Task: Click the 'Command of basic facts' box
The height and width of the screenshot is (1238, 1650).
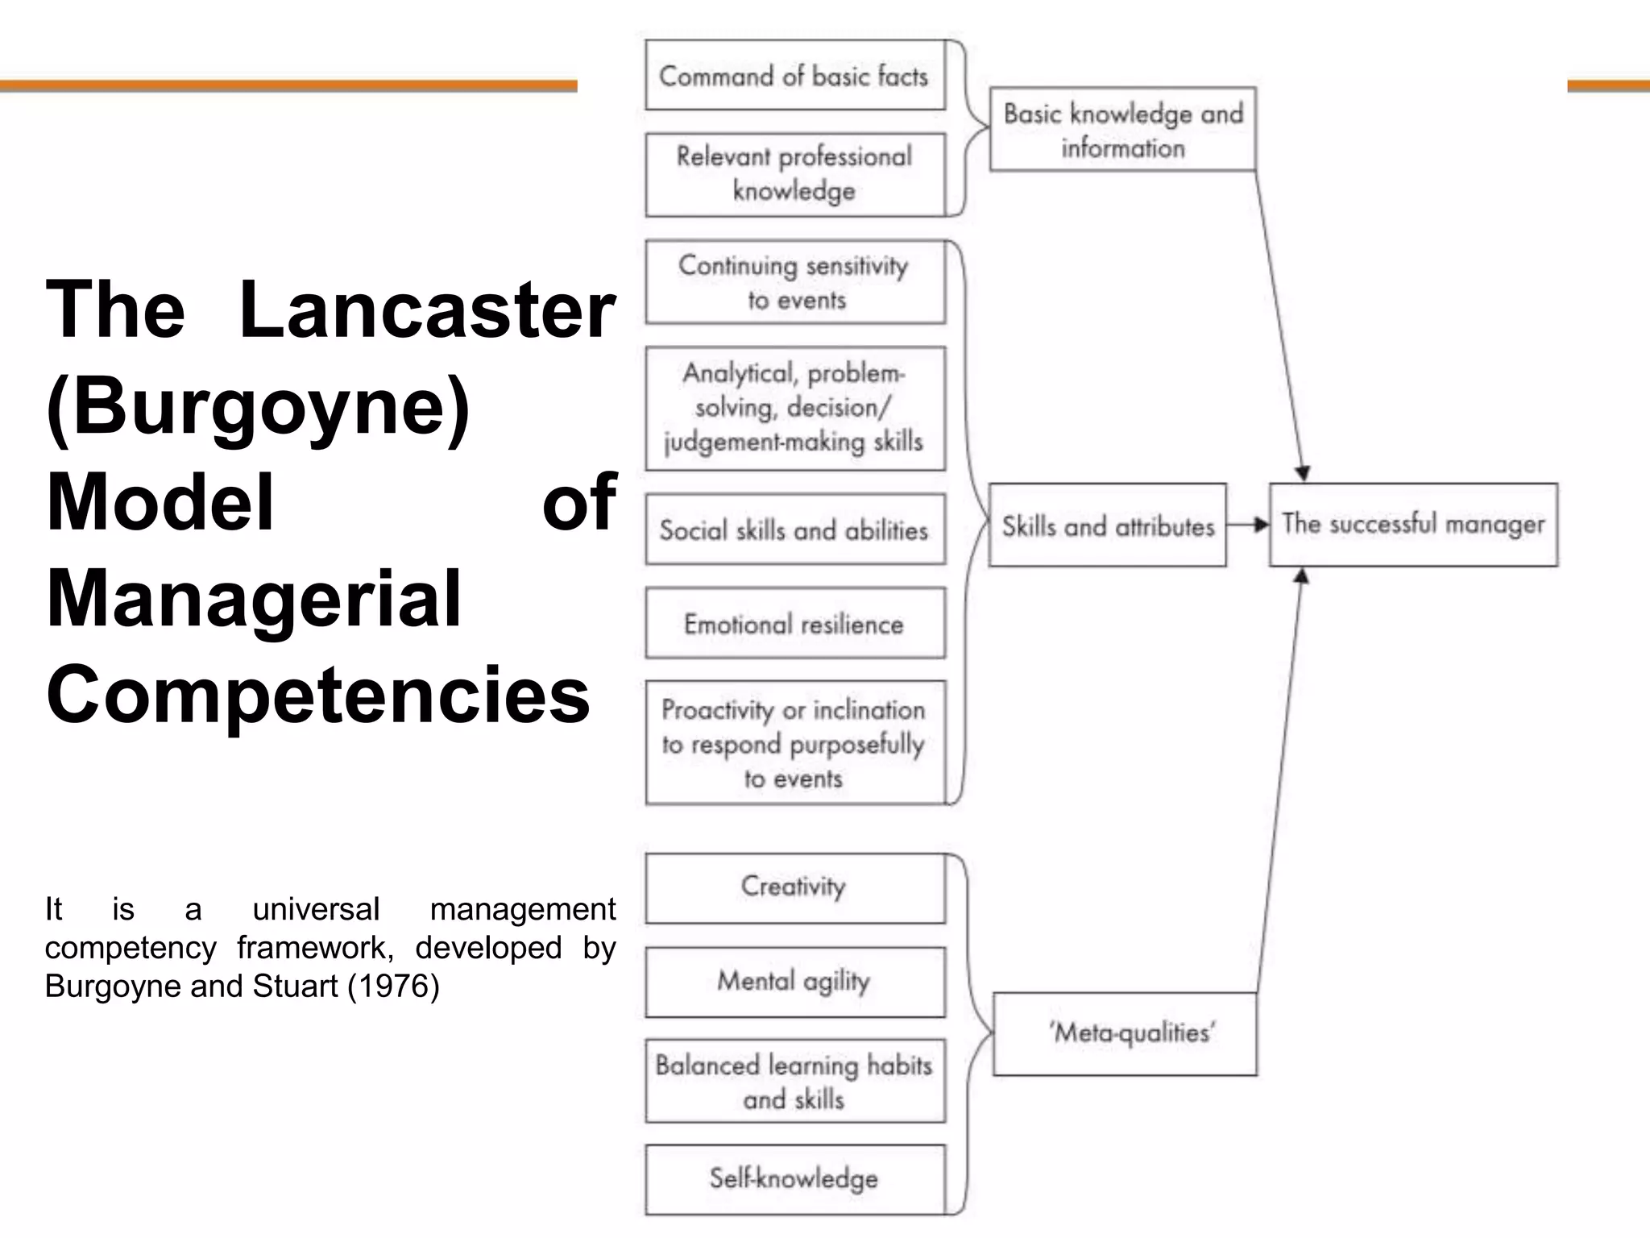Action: click(x=794, y=75)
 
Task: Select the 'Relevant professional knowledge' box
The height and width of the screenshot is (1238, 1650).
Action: click(x=794, y=174)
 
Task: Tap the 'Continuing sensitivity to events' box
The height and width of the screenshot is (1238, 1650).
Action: click(x=794, y=282)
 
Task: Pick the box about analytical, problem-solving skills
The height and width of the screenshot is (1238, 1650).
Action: click(x=794, y=408)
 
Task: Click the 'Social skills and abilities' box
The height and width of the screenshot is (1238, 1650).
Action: click(x=794, y=530)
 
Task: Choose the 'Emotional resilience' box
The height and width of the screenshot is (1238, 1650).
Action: click(x=794, y=623)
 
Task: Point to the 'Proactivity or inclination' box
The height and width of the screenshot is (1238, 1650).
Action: click(x=794, y=742)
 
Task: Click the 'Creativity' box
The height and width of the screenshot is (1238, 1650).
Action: click(x=794, y=887)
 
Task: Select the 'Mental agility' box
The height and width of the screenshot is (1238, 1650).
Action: click(x=794, y=981)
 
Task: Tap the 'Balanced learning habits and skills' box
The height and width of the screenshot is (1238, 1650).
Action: click(x=794, y=1081)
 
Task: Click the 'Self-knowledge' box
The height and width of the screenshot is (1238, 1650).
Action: click(x=794, y=1178)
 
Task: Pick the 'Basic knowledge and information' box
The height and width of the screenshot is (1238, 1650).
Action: click(x=1122, y=129)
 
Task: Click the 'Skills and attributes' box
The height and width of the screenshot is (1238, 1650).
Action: click(x=1107, y=526)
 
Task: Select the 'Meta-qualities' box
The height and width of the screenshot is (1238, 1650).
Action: click(x=1125, y=1033)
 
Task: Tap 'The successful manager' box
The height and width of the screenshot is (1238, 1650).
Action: click(x=1413, y=525)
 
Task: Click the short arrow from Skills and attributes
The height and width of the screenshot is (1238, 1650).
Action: click(x=1248, y=526)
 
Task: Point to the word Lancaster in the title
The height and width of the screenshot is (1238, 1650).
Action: click(x=427, y=309)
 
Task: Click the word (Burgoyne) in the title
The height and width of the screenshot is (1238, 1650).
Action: click(x=258, y=405)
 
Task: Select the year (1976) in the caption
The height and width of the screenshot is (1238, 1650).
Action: click(x=393, y=986)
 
